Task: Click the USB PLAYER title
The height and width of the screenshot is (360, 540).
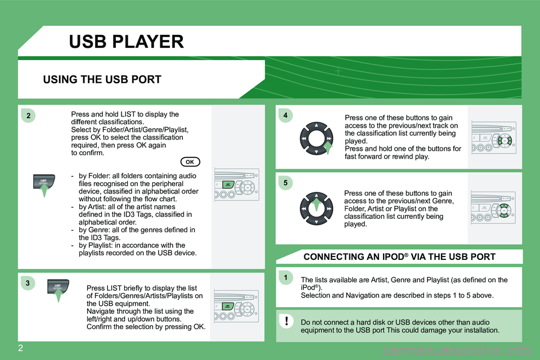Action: point(127,42)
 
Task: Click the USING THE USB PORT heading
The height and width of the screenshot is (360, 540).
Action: point(102,79)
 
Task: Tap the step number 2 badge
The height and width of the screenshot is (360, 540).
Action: point(28,116)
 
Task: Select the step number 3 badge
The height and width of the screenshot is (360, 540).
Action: point(28,283)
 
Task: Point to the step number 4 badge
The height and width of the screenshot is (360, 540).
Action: point(286,115)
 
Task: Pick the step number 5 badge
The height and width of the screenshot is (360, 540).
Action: point(286,183)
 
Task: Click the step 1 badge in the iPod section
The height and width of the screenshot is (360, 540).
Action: point(286,277)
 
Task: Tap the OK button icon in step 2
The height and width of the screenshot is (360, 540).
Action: point(190,162)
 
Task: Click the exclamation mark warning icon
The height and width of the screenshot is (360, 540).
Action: point(286,321)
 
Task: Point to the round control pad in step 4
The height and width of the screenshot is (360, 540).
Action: point(316,138)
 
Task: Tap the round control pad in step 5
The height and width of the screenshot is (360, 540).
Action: point(316,209)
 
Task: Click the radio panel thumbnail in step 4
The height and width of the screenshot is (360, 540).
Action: point(494,138)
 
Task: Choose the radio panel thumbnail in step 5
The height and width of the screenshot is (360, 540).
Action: point(493,208)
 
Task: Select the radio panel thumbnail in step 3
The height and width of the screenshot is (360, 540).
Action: point(236,306)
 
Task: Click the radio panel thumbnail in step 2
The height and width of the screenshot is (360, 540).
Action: point(237,184)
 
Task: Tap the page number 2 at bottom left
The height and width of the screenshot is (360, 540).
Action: point(20,348)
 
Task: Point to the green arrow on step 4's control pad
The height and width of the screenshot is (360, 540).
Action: point(328,147)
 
